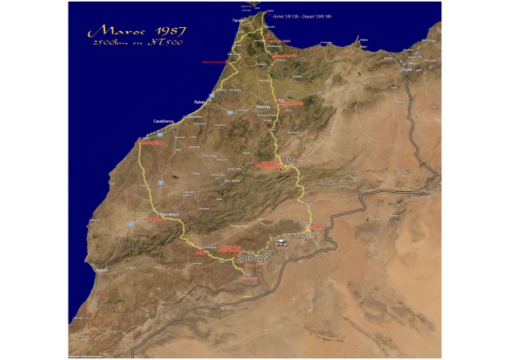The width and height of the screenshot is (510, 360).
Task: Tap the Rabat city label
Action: (x=200, y=102)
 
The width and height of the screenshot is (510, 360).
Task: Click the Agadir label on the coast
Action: (x=101, y=270)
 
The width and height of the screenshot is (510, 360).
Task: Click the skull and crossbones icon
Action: (x=282, y=240)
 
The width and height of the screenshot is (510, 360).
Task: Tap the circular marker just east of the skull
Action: (x=303, y=237)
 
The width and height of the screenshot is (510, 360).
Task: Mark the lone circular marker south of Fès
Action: (x=288, y=159)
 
